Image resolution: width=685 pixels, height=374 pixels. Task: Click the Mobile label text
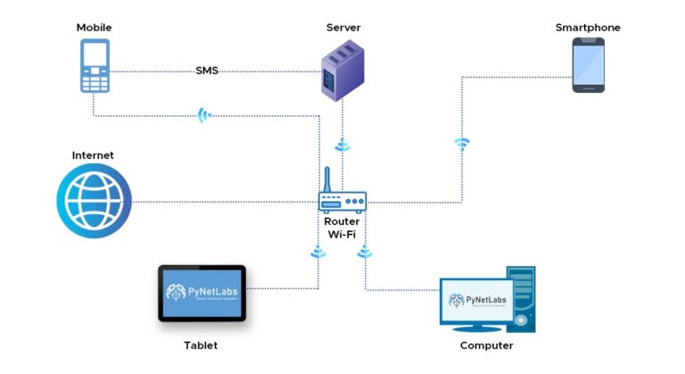(x=94, y=28)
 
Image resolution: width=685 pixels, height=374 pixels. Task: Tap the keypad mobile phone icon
(x=94, y=66)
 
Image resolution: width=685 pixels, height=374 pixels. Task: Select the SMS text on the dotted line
(x=207, y=71)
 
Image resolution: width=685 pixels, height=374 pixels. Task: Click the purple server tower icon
(x=342, y=72)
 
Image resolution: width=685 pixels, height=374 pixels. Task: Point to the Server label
(x=342, y=28)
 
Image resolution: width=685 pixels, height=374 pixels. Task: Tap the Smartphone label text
(x=588, y=28)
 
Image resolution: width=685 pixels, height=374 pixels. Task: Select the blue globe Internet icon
(x=94, y=201)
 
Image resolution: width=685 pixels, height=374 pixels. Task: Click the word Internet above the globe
(x=93, y=155)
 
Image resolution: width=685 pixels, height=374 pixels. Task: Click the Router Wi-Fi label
(x=342, y=228)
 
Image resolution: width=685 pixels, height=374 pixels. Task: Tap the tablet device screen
(x=202, y=293)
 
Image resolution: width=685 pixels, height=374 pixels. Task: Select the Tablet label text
(x=201, y=345)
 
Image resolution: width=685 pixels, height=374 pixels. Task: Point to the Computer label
(x=486, y=345)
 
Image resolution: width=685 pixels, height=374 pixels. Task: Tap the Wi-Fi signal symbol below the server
(x=342, y=145)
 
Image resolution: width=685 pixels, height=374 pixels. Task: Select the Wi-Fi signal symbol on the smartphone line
(x=461, y=143)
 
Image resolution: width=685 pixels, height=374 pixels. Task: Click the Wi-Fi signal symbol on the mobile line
(x=204, y=115)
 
